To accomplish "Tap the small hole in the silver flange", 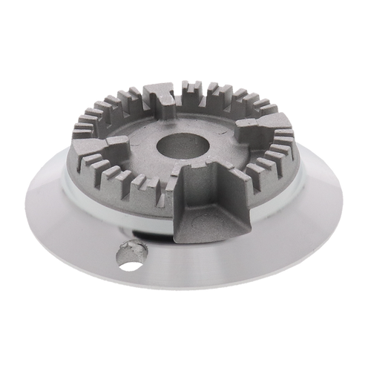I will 128,254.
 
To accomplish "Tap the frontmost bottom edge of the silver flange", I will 185,292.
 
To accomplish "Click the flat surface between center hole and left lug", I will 141,148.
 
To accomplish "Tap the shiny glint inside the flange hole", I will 132,250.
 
